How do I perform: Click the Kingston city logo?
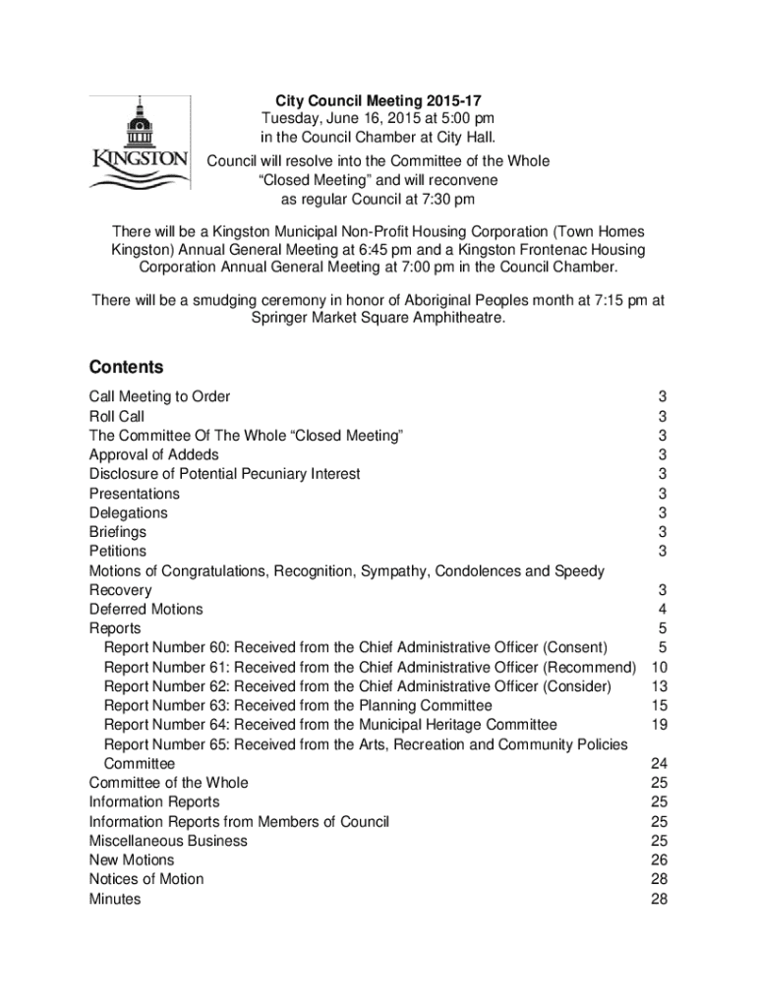(140, 147)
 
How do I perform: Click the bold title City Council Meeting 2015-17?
(378, 100)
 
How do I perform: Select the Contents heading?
(126, 367)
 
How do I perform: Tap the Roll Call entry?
(117, 416)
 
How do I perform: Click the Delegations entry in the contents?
(129, 512)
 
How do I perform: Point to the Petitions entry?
(118, 551)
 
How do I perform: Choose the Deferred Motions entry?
(146, 609)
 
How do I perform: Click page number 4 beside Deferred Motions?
(664, 609)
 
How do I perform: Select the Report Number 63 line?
(298, 705)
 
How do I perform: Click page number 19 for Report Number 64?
(660, 725)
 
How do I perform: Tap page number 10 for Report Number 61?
(660, 667)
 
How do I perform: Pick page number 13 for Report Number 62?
(660, 686)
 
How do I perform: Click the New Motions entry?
(132, 859)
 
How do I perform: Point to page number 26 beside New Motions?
(660, 859)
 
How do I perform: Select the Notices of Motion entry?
(146, 879)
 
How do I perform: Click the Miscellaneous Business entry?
(168, 841)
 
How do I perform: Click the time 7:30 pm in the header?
(443, 200)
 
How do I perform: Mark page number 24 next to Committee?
(660, 763)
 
